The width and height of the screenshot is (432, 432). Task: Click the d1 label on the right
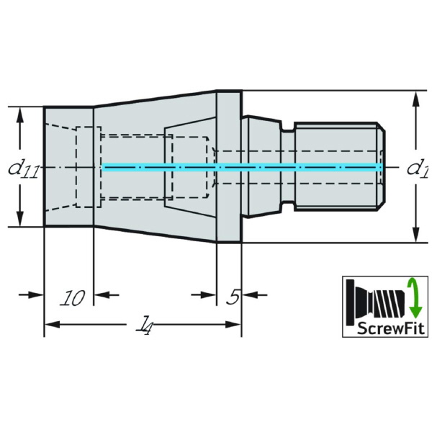[417, 169]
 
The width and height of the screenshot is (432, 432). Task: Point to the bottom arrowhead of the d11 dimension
[20, 221]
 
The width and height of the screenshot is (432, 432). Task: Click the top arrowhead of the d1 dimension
[415, 97]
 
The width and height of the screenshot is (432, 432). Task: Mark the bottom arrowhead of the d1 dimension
[415, 237]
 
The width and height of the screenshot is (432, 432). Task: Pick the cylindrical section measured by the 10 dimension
[68, 167]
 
